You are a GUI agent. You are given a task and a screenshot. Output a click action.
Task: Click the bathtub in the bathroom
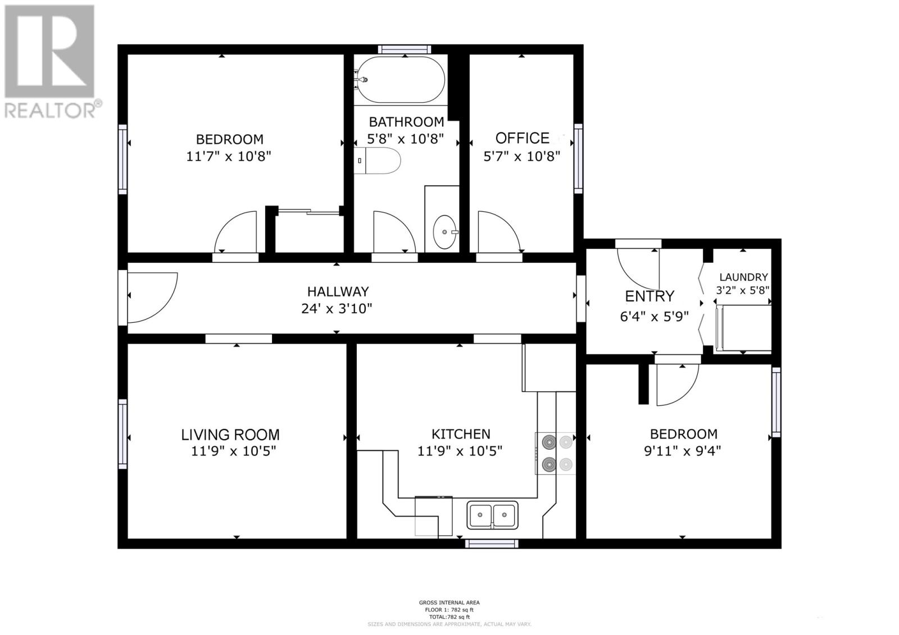tap(401, 79)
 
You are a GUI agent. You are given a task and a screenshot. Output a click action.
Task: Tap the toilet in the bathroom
tap(377, 161)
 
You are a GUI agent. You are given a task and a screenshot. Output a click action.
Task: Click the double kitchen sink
tap(492, 515)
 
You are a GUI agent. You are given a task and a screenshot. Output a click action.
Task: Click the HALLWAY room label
tap(338, 291)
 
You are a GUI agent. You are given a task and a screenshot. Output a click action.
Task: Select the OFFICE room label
tap(522, 138)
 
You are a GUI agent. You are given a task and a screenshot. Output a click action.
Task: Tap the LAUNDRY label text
tap(743, 277)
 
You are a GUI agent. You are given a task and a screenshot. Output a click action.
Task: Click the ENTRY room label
tap(650, 296)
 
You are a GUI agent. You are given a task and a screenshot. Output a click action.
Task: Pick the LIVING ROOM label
tap(230, 435)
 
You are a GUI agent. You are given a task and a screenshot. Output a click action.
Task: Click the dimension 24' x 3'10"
tap(337, 308)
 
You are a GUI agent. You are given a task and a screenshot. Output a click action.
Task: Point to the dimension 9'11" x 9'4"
tap(682, 451)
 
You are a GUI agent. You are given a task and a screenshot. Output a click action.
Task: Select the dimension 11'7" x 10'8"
tap(229, 156)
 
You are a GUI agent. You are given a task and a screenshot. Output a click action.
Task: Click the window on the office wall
tap(578, 158)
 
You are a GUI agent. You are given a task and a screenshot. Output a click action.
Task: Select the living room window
tap(122, 434)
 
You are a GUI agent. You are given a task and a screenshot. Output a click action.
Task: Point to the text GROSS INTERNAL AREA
tap(449, 602)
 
